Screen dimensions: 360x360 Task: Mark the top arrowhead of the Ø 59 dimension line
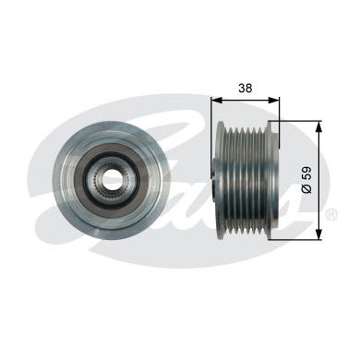click(318, 123)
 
